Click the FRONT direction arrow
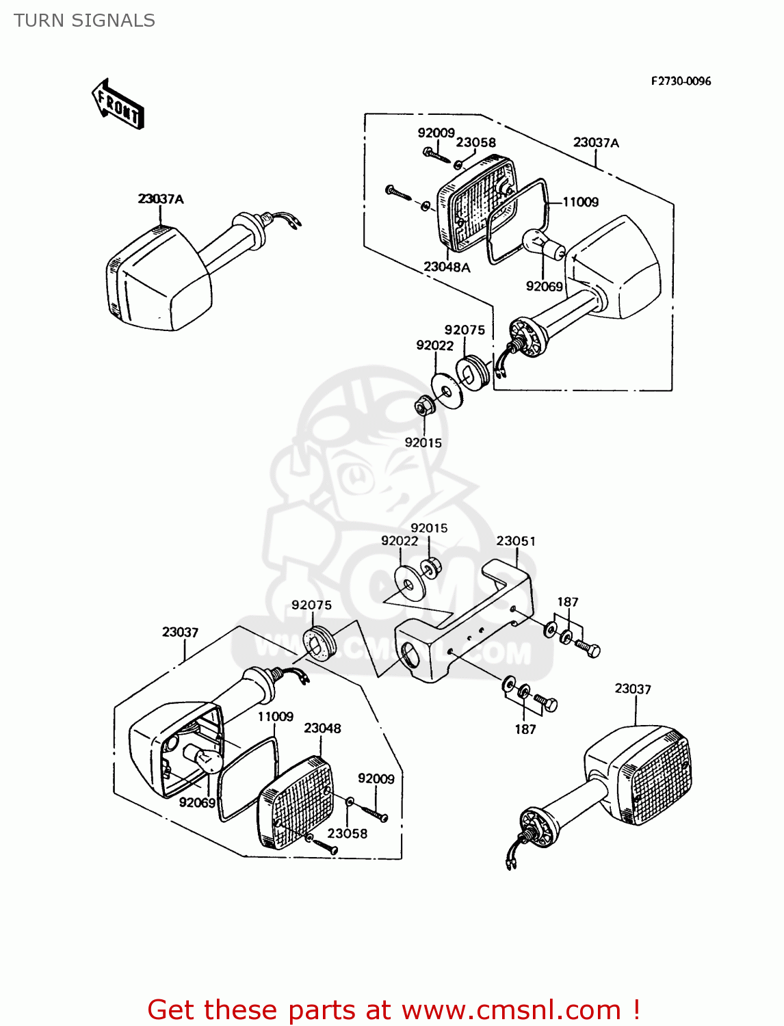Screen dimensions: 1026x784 (118, 105)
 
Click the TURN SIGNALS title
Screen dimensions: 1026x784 (85, 21)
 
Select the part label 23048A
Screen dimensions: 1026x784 (447, 267)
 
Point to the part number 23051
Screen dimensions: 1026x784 (516, 541)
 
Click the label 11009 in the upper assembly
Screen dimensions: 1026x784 (580, 202)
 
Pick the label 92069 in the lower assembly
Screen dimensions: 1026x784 (197, 802)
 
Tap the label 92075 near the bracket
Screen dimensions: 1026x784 (311, 605)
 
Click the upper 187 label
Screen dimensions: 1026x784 (567, 602)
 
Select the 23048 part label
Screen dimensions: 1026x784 (322, 728)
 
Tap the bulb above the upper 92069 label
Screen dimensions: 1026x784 (542, 243)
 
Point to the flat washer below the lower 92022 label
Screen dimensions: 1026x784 (409, 583)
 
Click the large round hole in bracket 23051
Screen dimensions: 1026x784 (411, 656)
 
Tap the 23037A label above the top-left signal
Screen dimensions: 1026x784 (161, 199)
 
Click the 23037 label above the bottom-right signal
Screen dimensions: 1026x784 (632, 689)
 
